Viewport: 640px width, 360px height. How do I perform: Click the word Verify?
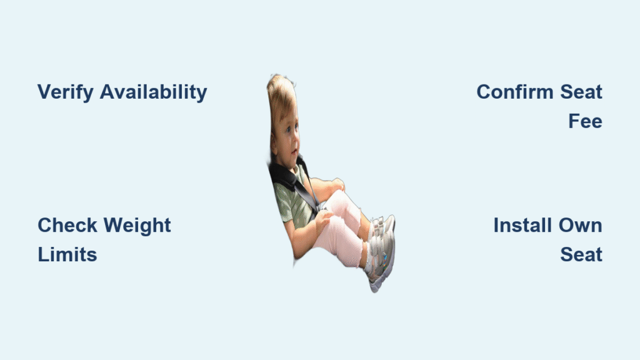[x=66, y=92]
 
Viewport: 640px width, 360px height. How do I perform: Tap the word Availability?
[x=154, y=92]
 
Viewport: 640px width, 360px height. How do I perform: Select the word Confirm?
[x=515, y=92]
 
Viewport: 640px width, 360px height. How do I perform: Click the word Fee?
[x=585, y=121]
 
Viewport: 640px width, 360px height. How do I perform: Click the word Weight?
[x=137, y=226]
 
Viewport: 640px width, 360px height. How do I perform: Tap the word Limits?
[x=67, y=255]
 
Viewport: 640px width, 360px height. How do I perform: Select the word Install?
[x=523, y=225]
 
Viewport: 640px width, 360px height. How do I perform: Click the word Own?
[x=581, y=226]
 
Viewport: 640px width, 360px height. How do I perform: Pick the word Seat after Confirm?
[x=581, y=92]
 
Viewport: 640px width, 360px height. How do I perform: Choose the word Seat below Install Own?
[x=581, y=255]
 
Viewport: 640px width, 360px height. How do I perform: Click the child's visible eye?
[x=289, y=130]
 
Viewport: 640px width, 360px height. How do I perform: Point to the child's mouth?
[x=294, y=152]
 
